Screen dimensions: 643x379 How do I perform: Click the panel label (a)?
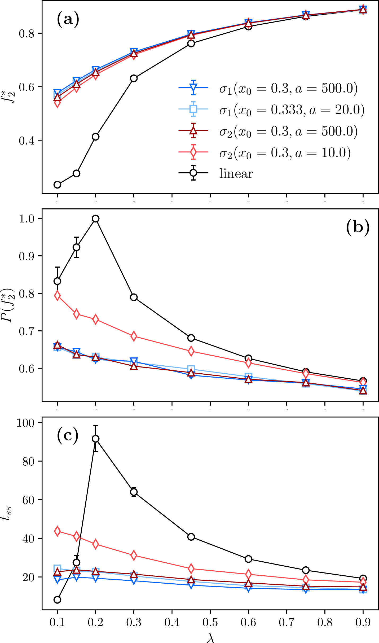click(x=68, y=19)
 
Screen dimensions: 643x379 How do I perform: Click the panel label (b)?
click(x=358, y=228)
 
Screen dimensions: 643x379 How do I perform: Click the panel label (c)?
click(x=68, y=436)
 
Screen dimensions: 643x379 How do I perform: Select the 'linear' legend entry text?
click(x=236, y=174)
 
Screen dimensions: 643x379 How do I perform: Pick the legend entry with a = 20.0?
click(x=292, y=110)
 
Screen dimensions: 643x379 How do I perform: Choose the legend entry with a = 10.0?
click(x=285, y=153)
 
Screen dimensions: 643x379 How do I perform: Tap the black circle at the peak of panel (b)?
click(x=96, y=219)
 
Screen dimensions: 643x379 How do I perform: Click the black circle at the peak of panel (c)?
click(x=96, y=439)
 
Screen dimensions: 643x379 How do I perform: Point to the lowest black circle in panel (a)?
click(x=57, y=185)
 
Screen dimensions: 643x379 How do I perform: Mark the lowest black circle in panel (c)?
click(x=57, y=600)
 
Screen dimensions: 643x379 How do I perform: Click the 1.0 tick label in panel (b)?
click(x=27, y=219)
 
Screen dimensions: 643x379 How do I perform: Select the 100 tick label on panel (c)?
click(x=25, y=423)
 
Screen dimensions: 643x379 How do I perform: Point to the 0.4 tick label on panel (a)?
click(x=27, y=141)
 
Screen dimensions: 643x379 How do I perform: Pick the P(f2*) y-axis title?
click(x=8, y=305)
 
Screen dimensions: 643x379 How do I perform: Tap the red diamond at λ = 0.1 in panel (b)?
click(x=57, y=295)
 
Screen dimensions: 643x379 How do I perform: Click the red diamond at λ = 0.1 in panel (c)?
click(x=57, y=531)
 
